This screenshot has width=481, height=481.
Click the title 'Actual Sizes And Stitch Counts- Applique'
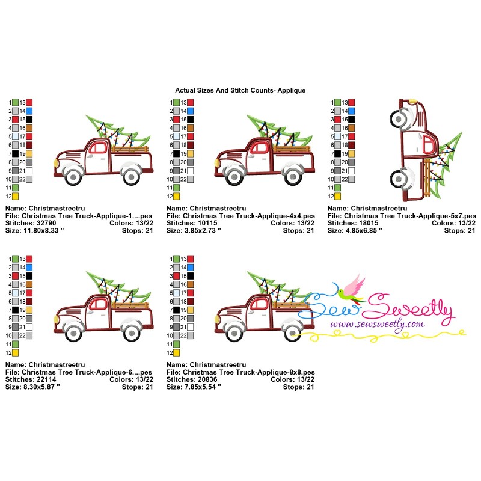240,90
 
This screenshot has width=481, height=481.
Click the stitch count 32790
46,223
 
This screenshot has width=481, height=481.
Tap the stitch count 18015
369,223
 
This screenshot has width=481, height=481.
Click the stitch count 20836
207,379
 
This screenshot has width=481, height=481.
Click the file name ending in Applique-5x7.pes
410,216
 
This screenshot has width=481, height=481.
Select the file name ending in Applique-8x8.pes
249,372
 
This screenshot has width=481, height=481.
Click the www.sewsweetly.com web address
378,324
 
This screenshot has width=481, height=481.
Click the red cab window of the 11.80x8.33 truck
98,147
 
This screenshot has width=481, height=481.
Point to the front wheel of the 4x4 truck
234,176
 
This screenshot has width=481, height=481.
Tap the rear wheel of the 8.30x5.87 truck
131,333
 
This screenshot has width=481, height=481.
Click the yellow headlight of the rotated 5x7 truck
413,100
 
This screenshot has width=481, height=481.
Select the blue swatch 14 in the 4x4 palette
190,111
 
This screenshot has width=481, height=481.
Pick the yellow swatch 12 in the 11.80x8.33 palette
15,197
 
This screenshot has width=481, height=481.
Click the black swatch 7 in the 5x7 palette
337,154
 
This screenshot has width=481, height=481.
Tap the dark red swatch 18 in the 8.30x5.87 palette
29,302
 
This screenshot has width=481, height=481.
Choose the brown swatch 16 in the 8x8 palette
190,284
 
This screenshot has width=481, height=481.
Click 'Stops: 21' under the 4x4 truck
298,230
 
